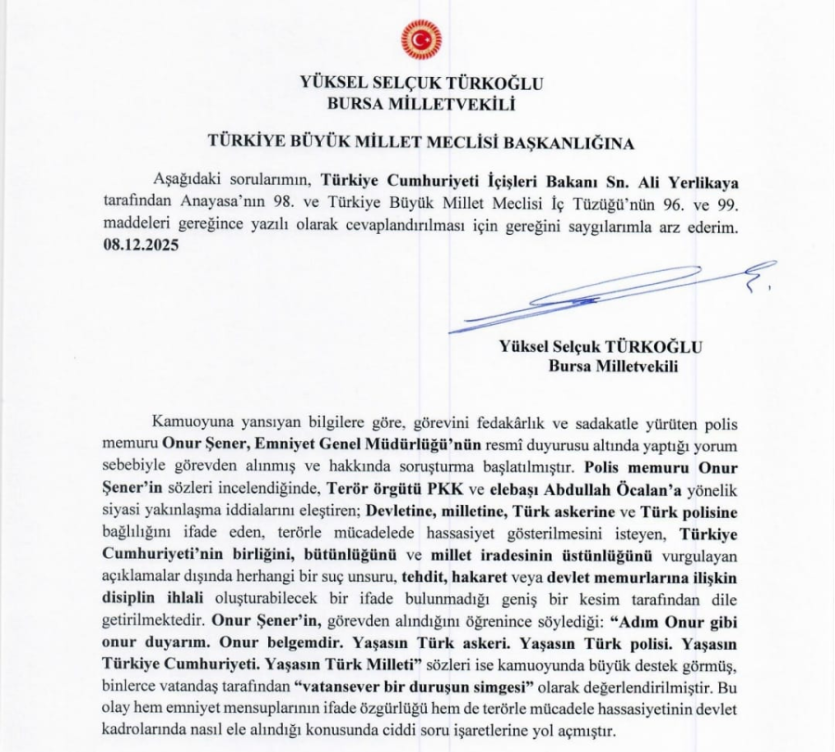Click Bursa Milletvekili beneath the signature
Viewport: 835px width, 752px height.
pyautogui.click(x=613, y=366)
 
